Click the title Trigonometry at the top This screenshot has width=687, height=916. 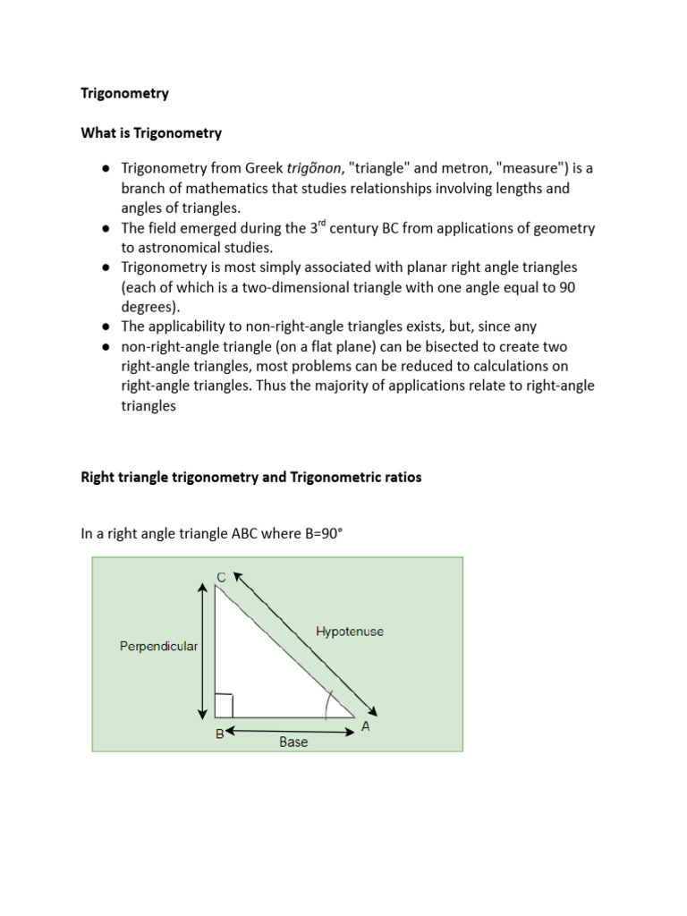point(124,93)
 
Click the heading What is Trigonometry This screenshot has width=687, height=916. point(151,133)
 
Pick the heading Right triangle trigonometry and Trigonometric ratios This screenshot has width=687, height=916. point(250,478)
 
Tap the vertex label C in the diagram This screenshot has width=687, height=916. point(221,577)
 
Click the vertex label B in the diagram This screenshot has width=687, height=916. point(219,734)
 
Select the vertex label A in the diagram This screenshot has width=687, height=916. point(366,728)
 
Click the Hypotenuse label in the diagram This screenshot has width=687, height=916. point(350,632)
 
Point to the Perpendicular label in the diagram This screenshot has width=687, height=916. point(158,646)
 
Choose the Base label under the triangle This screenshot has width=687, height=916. point(293,742)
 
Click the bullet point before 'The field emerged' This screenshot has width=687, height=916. point(106,228)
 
